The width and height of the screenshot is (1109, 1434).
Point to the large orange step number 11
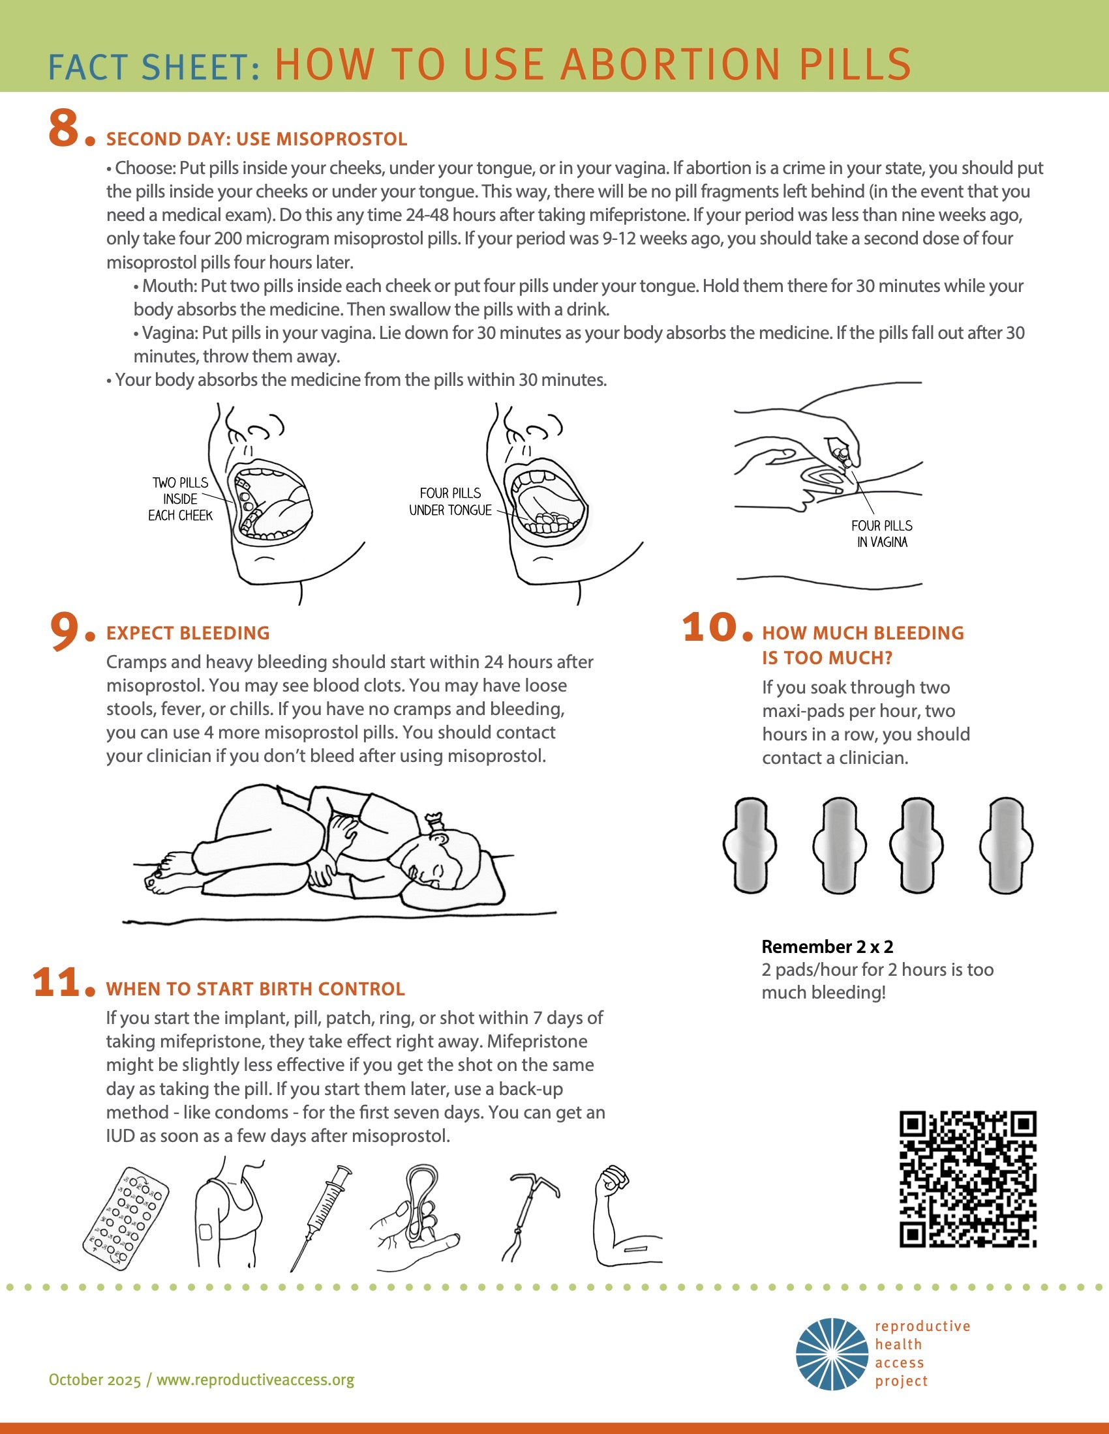(57, 983)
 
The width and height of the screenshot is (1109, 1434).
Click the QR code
(967, 1178)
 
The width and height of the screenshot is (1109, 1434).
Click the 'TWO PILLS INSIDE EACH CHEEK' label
(180, 499)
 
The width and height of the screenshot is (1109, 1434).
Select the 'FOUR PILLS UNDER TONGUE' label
(450, 502)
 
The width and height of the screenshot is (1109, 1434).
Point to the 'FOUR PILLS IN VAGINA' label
(882, 534)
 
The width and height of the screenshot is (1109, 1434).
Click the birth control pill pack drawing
(125, 1219)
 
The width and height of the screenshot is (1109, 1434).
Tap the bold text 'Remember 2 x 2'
(827, 946)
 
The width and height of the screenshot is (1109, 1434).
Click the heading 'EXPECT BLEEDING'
(188, 633)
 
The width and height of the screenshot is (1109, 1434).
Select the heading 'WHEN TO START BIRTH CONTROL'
(256, 989)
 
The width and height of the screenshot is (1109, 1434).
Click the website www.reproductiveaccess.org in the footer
(255, 1379)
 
